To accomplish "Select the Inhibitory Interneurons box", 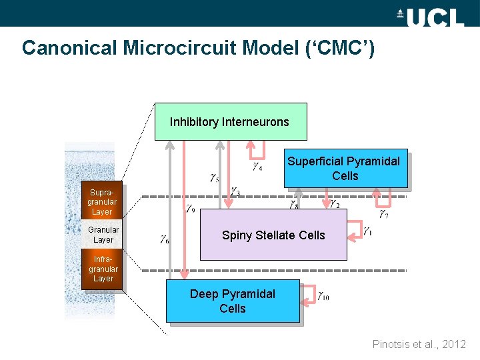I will (x=230, y=122).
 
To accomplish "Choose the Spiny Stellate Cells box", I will (x=273, y=235).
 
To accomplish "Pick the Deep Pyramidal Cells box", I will (x=233, y=301).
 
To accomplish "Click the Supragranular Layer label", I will (x=102, y=202).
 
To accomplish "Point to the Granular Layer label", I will (x=103, y=235).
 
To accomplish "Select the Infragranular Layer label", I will (x=103, y=269).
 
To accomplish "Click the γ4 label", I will (x=257, y=167).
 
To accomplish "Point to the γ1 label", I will (x=368, y=231).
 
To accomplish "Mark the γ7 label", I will (x=384, y=214).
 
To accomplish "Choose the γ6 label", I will (x=164, y=239).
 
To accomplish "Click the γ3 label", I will (x=235, y=191).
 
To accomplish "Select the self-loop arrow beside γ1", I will (x=355, y=231).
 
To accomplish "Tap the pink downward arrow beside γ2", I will (x=326, y=197).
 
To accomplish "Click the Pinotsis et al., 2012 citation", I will (x=419, y=344).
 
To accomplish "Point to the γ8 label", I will (x=293, y=205).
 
